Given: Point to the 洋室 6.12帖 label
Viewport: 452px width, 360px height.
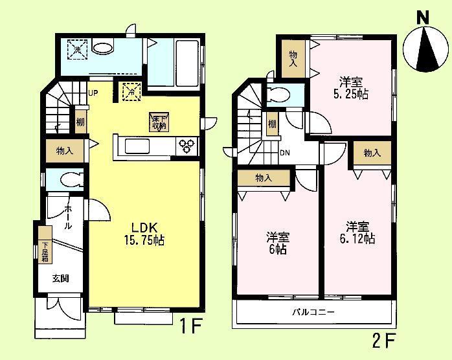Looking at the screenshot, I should tap(357, 233).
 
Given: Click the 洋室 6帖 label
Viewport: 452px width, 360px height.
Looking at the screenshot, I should tap(277, 243).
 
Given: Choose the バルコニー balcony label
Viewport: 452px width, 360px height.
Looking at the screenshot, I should tap(313, 312).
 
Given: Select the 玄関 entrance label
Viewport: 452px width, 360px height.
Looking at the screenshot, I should tap(61, 278).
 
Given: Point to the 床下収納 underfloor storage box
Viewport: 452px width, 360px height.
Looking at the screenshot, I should tap(159, 122).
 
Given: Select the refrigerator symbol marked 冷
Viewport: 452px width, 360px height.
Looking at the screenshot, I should tap(131, 91).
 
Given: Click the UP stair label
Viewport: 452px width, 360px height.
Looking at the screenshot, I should tap(93, 93).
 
